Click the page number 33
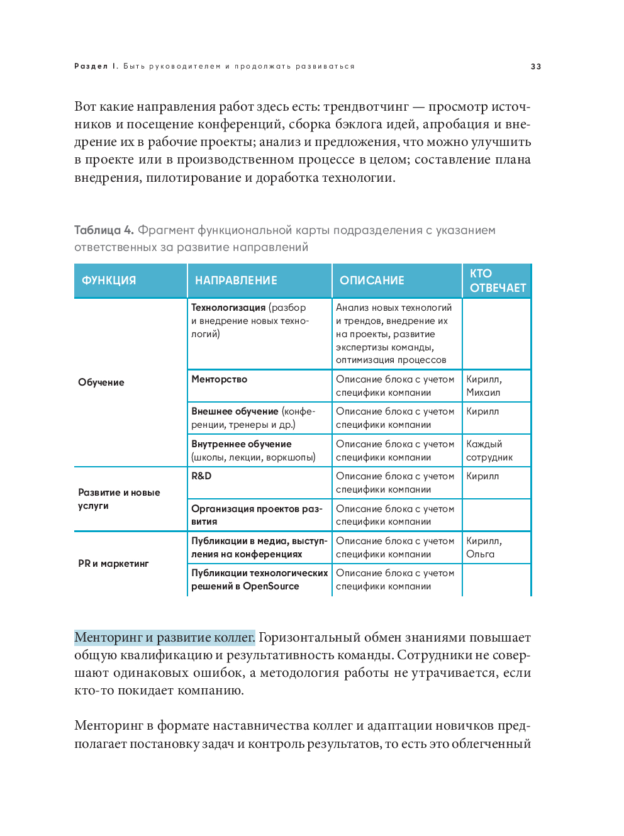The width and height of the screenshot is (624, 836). pos(536,67)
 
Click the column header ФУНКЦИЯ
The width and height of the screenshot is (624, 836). pos(109,281)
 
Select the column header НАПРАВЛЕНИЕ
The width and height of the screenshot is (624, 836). pos(236,281)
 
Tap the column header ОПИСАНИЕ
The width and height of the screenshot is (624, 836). pos(372,281)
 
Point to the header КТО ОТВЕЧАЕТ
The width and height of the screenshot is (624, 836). pos(497,281)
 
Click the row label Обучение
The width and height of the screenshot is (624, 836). pos(101,382)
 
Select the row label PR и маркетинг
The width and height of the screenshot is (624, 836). pos(113,564)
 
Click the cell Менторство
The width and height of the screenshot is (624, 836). pos(220,379)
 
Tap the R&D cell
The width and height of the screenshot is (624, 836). pos(201,476)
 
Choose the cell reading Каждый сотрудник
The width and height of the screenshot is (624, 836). pos(489,450)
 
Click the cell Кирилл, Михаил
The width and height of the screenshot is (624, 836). pos(484,386)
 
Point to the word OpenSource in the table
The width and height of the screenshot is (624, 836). pos(270,586)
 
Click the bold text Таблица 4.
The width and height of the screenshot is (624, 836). pos(104,230)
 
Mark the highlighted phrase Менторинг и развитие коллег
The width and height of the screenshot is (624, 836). pos(165,638)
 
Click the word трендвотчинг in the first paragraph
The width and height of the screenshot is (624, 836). pos(365,107)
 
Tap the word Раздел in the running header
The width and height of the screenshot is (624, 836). pos(91,67)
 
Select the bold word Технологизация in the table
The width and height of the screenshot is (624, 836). pos(228,308)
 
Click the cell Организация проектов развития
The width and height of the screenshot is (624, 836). pos(256,515)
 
